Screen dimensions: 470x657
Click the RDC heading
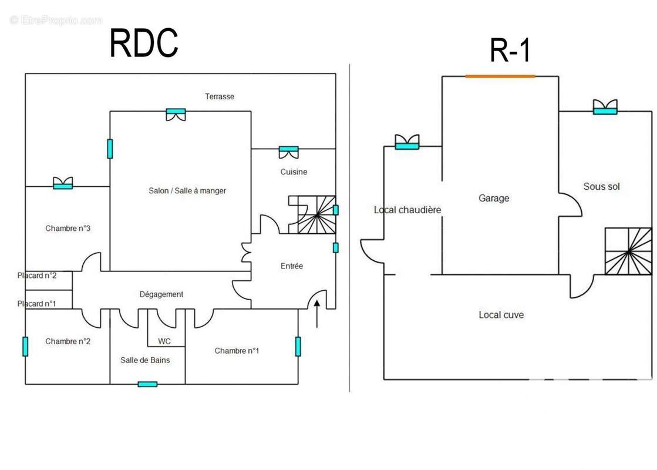144,43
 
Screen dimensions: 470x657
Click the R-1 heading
510,50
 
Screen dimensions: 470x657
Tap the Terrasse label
220,96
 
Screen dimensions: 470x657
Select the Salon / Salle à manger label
187,190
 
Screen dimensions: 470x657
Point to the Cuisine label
294,172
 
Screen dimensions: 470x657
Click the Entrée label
292,266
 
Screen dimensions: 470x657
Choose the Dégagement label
161,294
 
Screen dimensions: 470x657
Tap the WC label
164,341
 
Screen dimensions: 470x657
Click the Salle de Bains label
146,360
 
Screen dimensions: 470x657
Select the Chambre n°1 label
237,351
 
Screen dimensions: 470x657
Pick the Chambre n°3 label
68,229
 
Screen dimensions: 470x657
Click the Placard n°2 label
37,276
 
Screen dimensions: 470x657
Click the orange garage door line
500,76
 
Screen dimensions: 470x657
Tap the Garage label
494,198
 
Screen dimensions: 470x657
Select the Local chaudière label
407,210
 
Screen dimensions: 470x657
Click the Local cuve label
501,315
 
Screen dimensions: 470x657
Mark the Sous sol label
601,186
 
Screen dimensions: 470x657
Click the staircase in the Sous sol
628,251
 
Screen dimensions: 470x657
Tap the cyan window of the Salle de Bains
147,384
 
